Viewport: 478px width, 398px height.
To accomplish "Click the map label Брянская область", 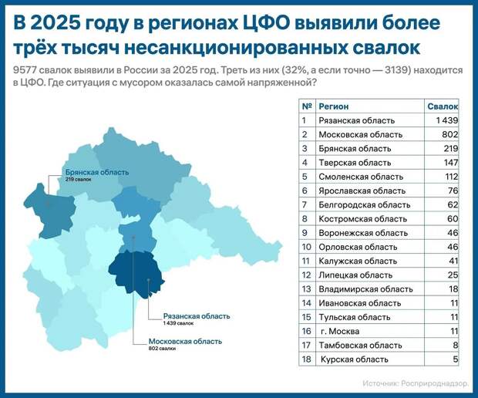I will [96, 172].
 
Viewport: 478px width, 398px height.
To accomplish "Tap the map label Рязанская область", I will [197, 316].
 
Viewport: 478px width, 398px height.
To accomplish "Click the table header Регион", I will [335, 106].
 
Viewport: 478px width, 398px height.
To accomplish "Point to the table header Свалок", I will [443, 106].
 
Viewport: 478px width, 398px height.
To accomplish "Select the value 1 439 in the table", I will [446, 120].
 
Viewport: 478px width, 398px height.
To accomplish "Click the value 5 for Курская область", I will [456, 359].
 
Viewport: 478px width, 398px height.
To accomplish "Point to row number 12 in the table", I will [306, 275].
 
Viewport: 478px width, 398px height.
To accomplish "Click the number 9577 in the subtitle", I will [25, 69].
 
